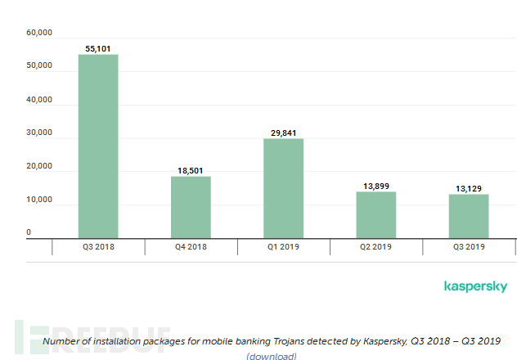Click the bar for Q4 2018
191,206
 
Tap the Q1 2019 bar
283,188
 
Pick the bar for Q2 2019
376,214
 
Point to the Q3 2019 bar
469,216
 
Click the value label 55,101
98,49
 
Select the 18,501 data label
191,170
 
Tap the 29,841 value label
283,133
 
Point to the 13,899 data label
376,186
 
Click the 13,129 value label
469,188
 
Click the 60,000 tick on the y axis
39,33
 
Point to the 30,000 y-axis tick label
39,133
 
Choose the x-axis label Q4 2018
191,246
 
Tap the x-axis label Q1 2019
283,246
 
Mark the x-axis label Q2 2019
376,246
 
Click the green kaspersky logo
475,286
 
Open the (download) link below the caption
272,356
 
